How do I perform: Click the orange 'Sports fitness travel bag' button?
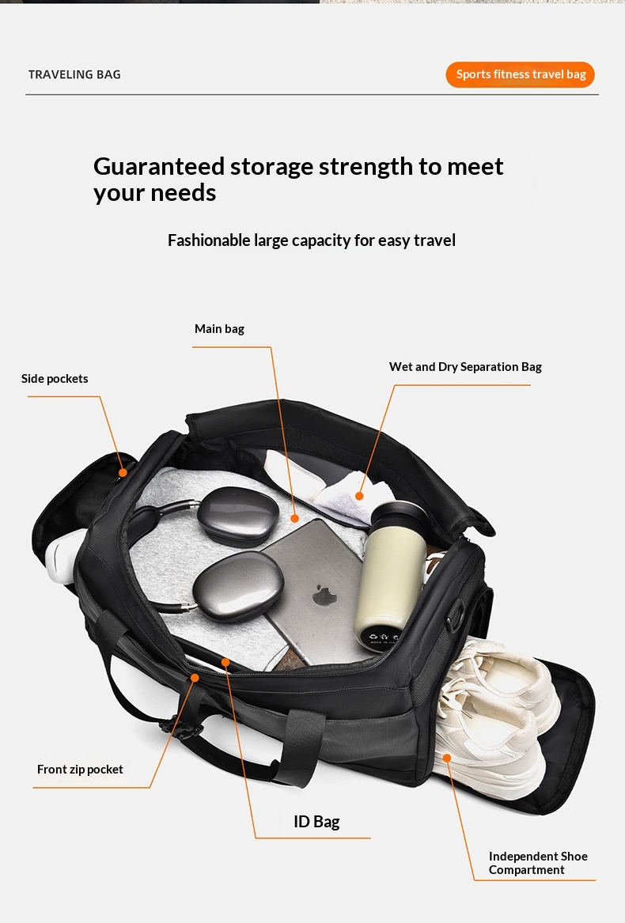[x=520, y=75]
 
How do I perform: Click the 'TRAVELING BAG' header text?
[x=74, y=75]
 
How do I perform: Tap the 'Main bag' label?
[x=219, y=328]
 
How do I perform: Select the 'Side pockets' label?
[x=55, y=379]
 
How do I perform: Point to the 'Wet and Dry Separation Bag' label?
[x=465, y=367]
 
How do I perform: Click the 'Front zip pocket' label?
[x=80, y=770]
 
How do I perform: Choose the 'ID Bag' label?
[x=316, y=821]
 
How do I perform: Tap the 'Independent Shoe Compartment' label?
[x=538, y=863]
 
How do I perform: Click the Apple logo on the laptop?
[x=324, y=595]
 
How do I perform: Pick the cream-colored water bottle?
[x=391, y=577]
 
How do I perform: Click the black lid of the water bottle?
[x=399, y=513]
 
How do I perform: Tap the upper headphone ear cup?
[x=238, y=516]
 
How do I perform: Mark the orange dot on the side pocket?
[x=123, y=472]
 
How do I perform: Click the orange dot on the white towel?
[x=359, y=496]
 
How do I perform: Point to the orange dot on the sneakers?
[x=447, y=758]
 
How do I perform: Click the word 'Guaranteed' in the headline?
[x=159, y=167]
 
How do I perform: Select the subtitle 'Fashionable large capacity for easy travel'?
[x=312, y=240]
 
